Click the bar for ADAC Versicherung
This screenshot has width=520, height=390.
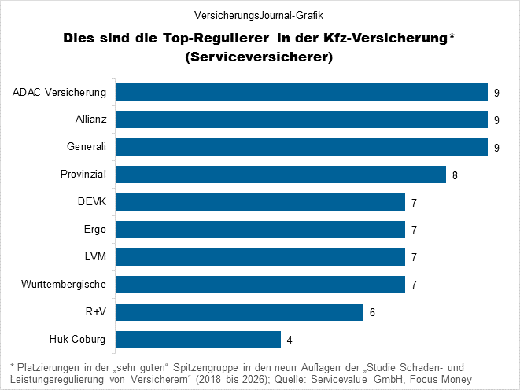(x=301, y=93)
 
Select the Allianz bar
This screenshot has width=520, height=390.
(x=301, y=120)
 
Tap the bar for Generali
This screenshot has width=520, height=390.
(x=301, y=147)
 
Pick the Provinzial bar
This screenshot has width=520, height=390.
(x=281, y=175)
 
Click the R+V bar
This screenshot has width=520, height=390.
(x=239, y=312)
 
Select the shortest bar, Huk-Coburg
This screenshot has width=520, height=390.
(x=198, y=340)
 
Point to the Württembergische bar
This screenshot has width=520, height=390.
(x=260, y=285)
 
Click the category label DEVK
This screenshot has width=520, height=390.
(x=92, y=202)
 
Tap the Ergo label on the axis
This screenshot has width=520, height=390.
(x=94, y=230)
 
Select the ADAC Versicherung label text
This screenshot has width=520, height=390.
(x=60, y=93)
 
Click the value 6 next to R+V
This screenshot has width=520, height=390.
(x=372, y=313)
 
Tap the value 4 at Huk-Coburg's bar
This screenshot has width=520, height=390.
(x=290, y=340)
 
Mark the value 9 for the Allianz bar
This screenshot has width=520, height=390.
(x=496, y=120)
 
